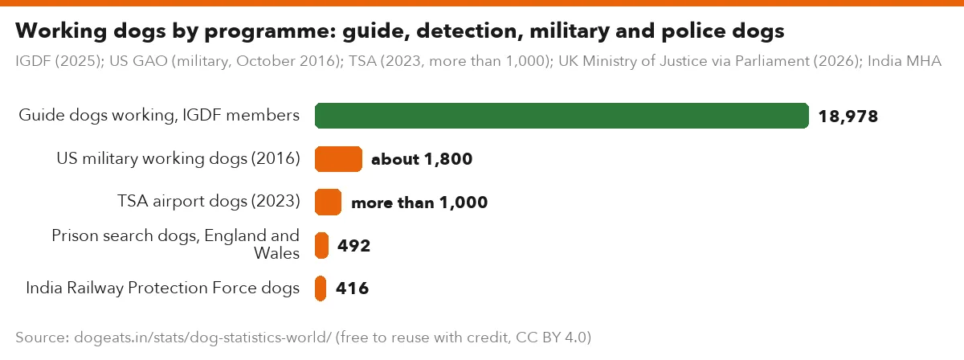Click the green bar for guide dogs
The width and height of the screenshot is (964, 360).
[x=562, y=116]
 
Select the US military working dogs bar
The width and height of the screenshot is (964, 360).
[x=338, y=159]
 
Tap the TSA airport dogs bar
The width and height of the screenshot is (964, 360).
[x=328, y=202]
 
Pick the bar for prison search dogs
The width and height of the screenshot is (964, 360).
[x=321, y=245]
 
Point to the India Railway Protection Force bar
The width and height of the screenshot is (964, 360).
[x=321, y=288]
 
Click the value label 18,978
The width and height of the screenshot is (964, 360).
[x=848, y=117]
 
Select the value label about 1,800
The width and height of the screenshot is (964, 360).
[x=422, y=159]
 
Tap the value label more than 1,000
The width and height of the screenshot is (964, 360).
[x=419, y=202]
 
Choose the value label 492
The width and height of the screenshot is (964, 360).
[x=353, y=246]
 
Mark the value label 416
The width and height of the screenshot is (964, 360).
[x=353, y=288]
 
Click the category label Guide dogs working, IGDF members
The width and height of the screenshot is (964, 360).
[x=159, y=116]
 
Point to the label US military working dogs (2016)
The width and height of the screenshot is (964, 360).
[x=178, y=159]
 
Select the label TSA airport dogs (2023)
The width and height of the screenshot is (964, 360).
[x=209, y=202]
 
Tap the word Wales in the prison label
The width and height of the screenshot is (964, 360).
[x=276, y=253]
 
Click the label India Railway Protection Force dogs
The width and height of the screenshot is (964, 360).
[x=162, y=288]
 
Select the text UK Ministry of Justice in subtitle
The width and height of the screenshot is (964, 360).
[x=644, y=61]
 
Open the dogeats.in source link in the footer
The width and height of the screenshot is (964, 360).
[x=202, y=337]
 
